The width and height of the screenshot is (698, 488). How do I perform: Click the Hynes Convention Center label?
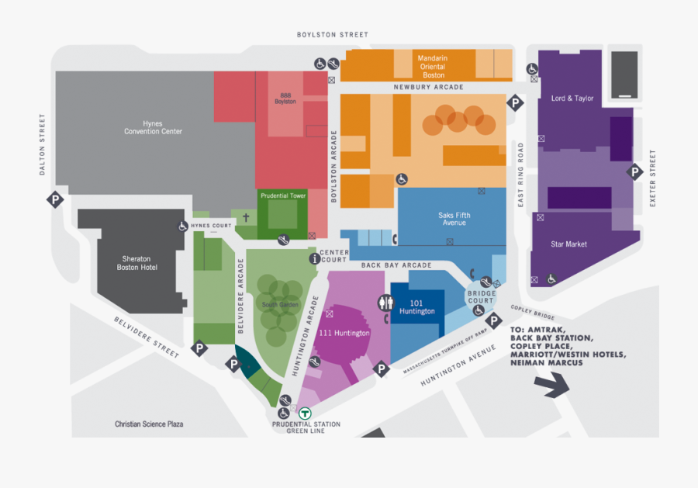tap(153, 127)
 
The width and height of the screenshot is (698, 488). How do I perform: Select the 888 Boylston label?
tap(285, 99)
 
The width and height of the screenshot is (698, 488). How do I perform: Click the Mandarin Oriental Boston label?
tap(434, 67)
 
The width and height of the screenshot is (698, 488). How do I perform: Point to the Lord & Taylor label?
tap(572, 99)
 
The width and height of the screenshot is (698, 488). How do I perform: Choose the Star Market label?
tap(568, 244)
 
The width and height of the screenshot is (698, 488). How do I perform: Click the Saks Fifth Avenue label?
tap(454, 219)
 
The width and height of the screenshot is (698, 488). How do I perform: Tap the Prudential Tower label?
tap(283, 196)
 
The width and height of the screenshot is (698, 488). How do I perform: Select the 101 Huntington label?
tap(416, 306)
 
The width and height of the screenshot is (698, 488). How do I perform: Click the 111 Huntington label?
tap(344, 333)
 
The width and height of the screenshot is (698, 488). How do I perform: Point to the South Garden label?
tap(279, 305)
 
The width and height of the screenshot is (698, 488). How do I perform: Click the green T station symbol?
tap(306, 414)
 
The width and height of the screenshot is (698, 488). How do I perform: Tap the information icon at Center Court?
tap(314, 258)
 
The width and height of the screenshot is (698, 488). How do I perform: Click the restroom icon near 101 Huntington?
tap(385, 303)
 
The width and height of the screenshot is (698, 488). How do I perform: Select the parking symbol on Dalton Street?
tap(55, 200)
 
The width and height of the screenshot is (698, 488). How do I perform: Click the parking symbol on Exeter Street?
tap(634, 172)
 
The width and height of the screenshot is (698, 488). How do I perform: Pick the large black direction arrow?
tap(552, 382)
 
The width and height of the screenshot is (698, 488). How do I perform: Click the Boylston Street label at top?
tap(333, 35)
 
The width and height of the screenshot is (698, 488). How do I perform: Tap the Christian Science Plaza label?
tap(149, 424)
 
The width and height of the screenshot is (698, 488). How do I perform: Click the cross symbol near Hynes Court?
tap(246, 219)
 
